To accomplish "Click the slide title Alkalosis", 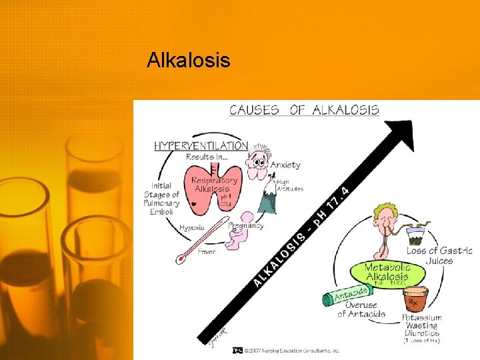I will coord(189,61).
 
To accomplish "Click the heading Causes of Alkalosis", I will coord(304,110).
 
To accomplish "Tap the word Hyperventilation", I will coord(201,145).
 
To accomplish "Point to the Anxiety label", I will coord(285,165).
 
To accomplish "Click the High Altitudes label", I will coord(289,185).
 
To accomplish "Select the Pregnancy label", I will coord(246,226).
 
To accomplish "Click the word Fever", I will coord(206,252).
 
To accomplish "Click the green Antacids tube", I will coord(347,293).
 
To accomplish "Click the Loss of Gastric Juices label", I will coord(439,255).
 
